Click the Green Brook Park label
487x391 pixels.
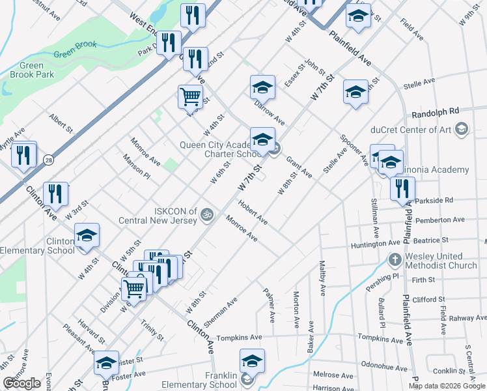tap(27, 70)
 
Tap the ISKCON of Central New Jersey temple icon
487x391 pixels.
tap(207, 214)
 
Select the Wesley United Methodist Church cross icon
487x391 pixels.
tap(395, 261)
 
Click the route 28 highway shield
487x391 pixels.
tap(48, 160)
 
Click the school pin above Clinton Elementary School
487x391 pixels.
tap(87, 236)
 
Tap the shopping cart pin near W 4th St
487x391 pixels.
tap(189, 96)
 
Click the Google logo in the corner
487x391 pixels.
tap(21, 383)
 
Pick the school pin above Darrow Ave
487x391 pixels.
tap(262, 87)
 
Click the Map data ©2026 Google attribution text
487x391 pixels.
tap(446, 386)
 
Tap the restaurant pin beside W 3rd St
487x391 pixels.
tap(56, 194)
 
